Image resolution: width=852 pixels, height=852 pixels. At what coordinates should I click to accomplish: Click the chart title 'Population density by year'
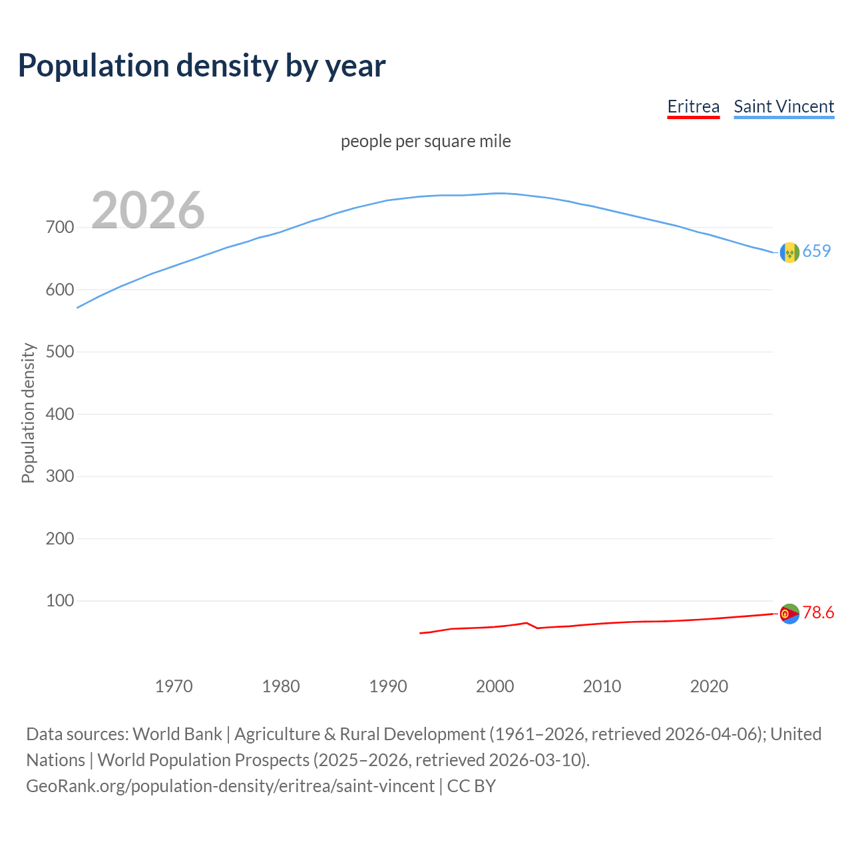coord(202,66)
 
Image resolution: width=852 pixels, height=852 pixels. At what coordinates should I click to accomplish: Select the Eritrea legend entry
coord(693,107)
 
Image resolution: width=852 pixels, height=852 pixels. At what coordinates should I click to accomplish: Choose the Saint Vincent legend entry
coord(783,107)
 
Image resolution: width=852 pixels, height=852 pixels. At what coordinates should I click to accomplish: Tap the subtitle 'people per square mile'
coord(425,141)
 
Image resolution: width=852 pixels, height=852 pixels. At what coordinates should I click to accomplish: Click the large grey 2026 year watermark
coord(148,210)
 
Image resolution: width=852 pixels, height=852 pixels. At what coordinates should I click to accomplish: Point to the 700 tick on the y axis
coord(60,228)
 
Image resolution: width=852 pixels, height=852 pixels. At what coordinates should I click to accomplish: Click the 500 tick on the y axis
coord(60,352)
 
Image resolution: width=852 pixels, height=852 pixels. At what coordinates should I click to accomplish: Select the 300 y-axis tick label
coord(60,477)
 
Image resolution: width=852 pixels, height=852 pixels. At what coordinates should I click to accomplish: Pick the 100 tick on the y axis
coord(60,601)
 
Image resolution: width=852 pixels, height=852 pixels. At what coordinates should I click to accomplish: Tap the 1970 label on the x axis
coord(174,686)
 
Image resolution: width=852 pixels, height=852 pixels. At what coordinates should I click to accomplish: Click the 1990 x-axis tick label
coord(388,686)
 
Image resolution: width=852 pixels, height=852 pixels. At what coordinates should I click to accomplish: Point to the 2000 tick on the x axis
coord(495,686)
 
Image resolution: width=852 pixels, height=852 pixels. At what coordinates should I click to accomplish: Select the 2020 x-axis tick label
coord(709,686)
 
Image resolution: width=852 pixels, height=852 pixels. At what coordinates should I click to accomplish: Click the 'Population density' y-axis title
coord(28,413)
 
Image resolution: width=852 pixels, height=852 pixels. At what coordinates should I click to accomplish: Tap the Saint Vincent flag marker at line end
coord(789,252)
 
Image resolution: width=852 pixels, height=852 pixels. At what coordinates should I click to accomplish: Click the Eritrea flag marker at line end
coord(789,614)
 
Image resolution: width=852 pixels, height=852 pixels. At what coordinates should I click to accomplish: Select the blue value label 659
coord(817,251)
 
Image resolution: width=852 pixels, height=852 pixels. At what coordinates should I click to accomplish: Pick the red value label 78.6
coord(818,612)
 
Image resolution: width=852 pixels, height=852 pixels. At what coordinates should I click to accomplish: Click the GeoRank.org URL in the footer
coord(230,786)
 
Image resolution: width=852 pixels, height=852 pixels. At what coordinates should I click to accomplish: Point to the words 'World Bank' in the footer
coord(177,734)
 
